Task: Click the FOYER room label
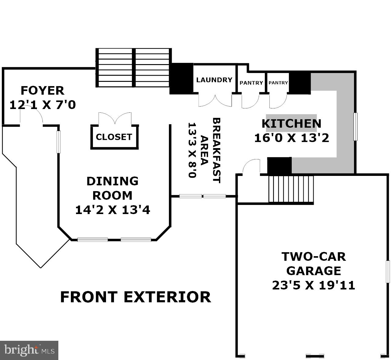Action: click(42, 91)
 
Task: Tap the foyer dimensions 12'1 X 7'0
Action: click(42, 105)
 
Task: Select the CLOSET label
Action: click(114, 137)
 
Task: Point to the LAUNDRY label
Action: click(214, 80)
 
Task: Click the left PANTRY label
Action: click(251, 83)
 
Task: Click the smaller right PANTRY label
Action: click(278, 83)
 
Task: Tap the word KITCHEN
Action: click(291, 123)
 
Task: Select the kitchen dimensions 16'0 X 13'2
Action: click(292, 138)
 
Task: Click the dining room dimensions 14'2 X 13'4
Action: click(113, 210)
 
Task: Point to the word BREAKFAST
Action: click(216, 150)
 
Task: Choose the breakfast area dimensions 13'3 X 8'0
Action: click(192, 150)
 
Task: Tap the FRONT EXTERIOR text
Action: click(136, 297)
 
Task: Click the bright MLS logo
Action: click(29, 351)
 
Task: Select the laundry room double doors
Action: click(215, 100)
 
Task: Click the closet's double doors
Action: click(115, 118)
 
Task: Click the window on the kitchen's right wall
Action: click(356, 126)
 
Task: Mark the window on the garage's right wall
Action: click(388, 272)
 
